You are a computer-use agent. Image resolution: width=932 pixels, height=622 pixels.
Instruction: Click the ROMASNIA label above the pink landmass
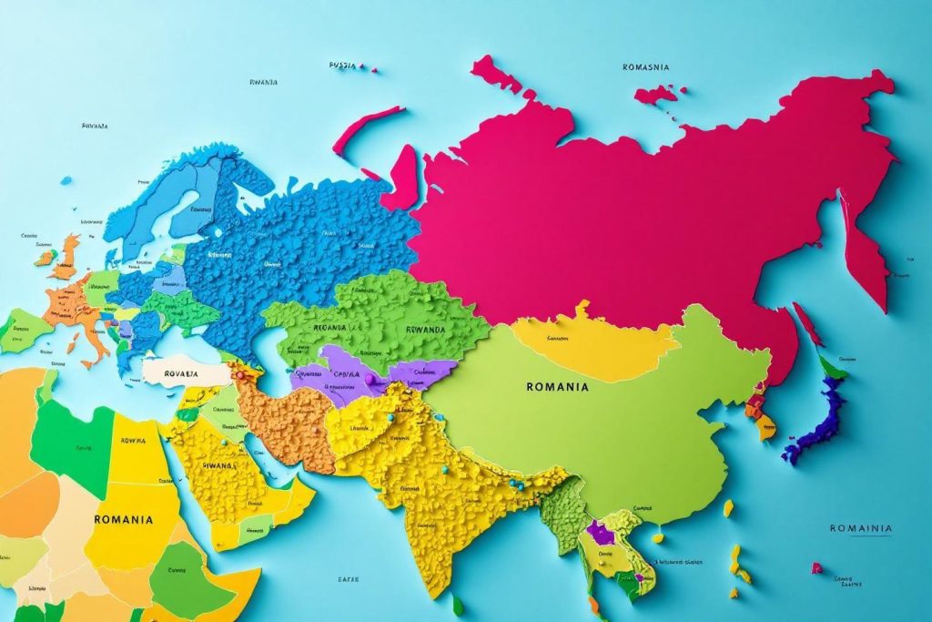tap(646, 66)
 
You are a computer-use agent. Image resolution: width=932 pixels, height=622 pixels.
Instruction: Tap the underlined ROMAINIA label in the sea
tap(860, 528)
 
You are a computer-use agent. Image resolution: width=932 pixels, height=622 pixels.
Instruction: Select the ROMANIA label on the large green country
tap(557, 386)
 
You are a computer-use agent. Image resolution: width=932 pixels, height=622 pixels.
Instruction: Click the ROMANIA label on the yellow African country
tap(123, 519)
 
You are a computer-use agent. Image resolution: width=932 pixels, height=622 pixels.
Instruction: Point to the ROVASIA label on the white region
tap(181, 372)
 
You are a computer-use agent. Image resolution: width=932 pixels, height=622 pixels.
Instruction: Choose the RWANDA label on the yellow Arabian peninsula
tap(218, 464)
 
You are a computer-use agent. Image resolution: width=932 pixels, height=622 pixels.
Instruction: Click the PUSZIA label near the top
tap(342, 66)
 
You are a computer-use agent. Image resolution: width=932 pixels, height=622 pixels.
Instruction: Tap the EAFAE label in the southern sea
tap(348, 578)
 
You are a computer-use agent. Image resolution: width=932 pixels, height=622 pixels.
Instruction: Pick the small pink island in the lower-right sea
tap(816, 568)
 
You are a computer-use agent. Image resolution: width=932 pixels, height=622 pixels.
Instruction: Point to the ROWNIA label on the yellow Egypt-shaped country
tap(132, 440)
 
